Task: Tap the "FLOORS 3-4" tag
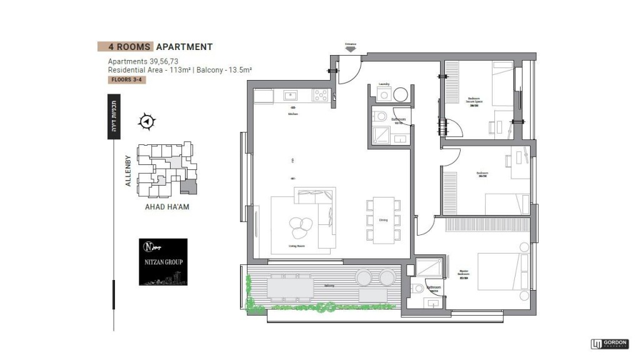pyautogui.click(x=127, y=80)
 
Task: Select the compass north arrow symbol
pyautogui.click(x=147, y=122)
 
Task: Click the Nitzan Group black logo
pyautogui.click(x=162, y=262)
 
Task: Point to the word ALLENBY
pyautogui.click(x=128, y=171)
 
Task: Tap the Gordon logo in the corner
pyautogui.click(x=609, y=344)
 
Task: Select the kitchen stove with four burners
pyautogui.click(x=321, y=96)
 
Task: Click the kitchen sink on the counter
pyautogui.click(x=291, y=96)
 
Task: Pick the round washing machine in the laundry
pyautogui.click(x=400, y=95)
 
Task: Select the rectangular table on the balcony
pyautogui.click(x=291, y=287)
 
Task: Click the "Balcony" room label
pyautogui.click(x=329, y=286)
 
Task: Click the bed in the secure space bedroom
pyautogui.click(x=501, y=84)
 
